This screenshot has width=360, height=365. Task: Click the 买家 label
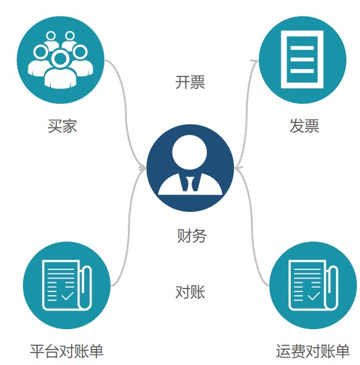pos(62,126)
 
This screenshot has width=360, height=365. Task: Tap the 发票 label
pos(304,126)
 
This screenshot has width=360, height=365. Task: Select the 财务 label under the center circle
pos(191,235)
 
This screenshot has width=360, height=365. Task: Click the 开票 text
pos(190,82)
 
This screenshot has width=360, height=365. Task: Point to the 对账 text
pos(190,292)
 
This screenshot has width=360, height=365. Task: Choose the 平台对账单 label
pos(67,351)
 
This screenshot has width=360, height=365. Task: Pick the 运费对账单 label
pos(312,351)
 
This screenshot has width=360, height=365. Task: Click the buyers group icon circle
pos(61,60)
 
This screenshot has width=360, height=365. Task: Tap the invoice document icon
pos(303,59)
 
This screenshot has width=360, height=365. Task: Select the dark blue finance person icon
pos(190,168)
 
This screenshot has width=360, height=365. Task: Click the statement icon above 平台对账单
pos(67,285)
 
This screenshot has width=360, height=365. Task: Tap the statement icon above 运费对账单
pos(314,285)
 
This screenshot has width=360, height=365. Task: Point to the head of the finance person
pos(190,153)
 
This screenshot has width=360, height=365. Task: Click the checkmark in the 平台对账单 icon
pos(67,296)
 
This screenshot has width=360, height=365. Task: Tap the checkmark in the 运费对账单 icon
pos(314,296)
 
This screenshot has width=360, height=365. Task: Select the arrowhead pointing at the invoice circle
pos(254,62)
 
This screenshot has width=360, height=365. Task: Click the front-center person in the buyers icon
pos(61,70)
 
